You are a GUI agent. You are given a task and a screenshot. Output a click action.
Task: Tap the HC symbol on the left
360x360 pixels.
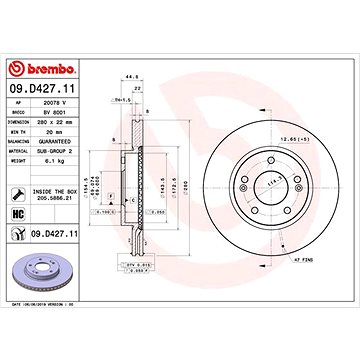pos(18,215)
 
